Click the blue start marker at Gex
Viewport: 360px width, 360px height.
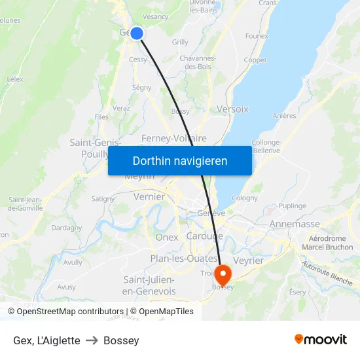click(137, 33)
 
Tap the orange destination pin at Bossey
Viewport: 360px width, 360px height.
click(223, 274)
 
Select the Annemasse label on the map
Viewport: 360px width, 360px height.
click(295, 224)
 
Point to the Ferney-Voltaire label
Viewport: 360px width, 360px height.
click(174, 138)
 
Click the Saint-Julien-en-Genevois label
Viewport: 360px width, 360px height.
click(149, 285)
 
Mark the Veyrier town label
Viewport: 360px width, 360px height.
click(248, 261)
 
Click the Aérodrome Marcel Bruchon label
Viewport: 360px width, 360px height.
click(327, 243)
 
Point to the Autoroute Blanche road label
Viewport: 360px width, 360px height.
click(327, 273)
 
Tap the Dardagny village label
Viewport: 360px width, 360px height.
click(66, 228)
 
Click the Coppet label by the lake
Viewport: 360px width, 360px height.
click(255, 60)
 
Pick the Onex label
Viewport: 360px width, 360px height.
click(167, 237)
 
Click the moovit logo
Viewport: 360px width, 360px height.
click(320, 340)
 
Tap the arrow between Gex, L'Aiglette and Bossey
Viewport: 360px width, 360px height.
click(92, 340)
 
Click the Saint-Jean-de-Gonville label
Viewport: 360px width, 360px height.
click(25, 204)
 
